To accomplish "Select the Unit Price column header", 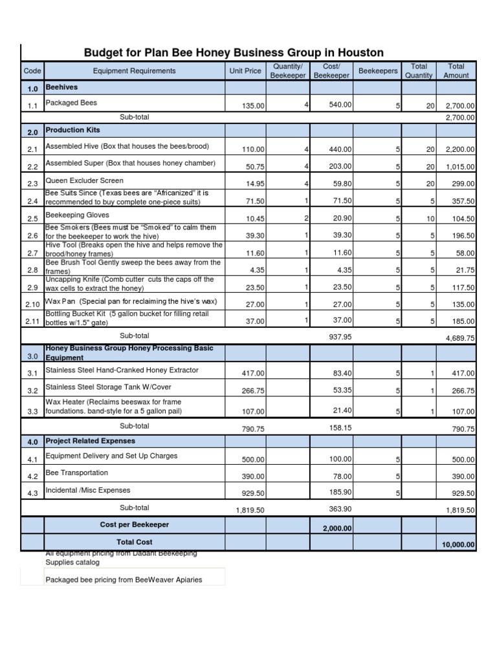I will pos(245,71).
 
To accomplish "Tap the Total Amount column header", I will pos(456,71).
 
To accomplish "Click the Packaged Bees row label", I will pos(71,103).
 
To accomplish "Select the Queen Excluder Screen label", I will pos(84,181).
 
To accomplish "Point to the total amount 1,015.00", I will pos(460,167).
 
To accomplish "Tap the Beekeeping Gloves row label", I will pos(77,215).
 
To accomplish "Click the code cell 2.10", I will pos(32,304).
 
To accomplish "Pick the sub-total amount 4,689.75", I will pos(460,338).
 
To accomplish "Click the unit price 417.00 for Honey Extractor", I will pos(253,374).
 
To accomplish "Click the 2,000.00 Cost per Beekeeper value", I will pos(337,528).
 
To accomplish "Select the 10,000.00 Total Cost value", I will pos(458,545).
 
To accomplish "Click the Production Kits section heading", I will pos(72,130).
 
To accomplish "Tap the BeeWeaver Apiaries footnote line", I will pos(124,579).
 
